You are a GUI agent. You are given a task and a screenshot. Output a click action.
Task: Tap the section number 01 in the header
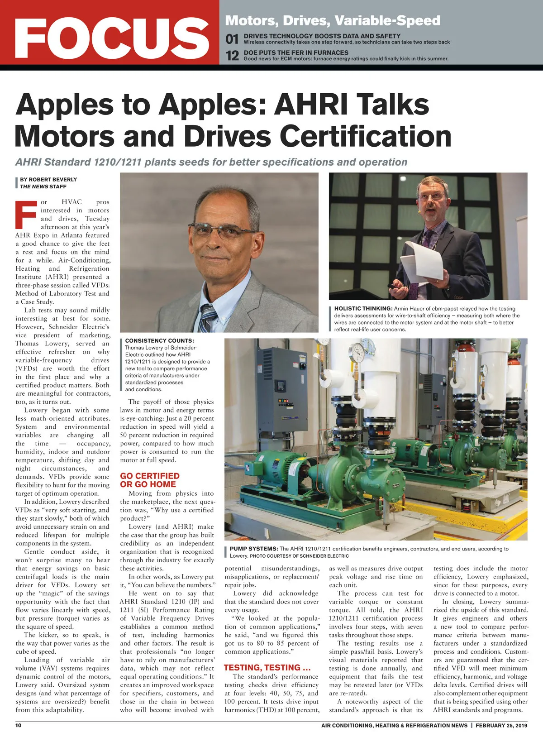[232, 39]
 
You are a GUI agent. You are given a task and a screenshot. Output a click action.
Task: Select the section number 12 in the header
[232, 56]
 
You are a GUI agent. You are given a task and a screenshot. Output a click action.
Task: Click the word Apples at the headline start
[64, 104]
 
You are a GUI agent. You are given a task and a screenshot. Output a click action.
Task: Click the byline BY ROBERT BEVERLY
[48, 179]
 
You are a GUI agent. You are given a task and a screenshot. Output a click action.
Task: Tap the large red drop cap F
[26, 215]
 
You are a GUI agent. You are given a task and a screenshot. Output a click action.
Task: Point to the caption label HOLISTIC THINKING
[363, 309]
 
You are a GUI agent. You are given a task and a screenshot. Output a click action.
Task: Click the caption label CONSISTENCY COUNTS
[159, 340]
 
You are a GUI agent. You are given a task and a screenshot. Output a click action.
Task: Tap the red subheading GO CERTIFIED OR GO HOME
[149, 480]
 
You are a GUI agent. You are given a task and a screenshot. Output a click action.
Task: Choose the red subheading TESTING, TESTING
[267, 667]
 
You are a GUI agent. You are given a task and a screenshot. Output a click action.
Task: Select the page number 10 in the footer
[19, 725]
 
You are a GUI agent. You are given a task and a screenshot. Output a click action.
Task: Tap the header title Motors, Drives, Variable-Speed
[333, 20]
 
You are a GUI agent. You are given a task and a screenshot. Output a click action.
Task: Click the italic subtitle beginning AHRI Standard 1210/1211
[211, 162]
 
